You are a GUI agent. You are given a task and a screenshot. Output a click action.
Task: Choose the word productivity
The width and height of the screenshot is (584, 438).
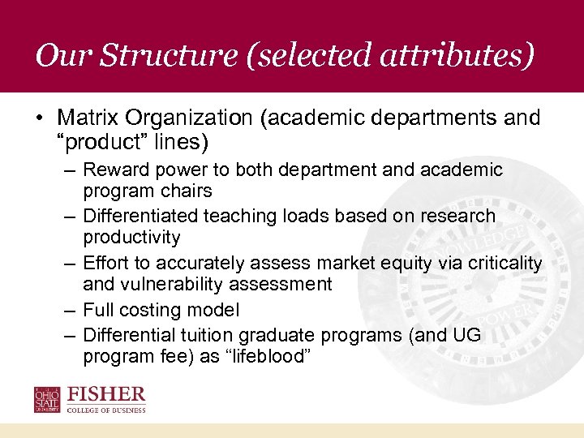click(x=132, y=238)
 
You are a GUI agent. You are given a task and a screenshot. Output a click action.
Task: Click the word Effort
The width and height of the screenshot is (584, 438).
click(x=105, y=263)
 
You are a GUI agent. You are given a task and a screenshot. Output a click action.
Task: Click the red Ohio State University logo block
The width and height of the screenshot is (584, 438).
click(x=47, y=400)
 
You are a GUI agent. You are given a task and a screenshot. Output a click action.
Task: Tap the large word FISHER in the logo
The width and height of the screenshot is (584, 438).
click(x=106, y=395)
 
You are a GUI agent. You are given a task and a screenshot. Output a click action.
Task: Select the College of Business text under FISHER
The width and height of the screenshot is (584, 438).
click(x=106, y=410)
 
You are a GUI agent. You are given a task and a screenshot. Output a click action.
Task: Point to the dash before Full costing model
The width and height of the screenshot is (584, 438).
click(x=72, y=310)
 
